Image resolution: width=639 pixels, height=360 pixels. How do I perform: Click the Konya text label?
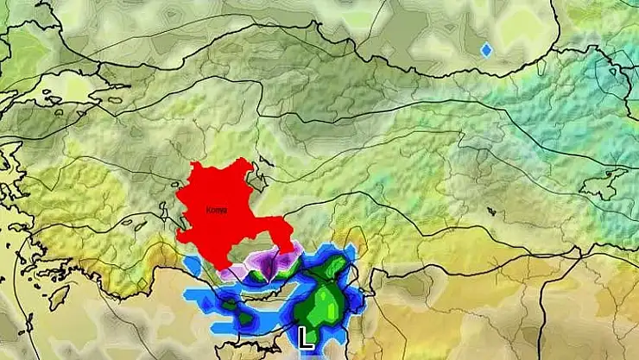[x=216, y=210]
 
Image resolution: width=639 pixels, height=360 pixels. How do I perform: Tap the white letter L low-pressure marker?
[x=305, y=337]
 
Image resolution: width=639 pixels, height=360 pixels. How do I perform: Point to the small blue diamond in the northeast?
[x=486, y=50]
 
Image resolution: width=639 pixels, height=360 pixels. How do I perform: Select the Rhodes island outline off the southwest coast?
[x=58, y=298]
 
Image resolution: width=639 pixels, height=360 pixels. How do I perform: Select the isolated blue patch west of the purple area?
[x=192, y=263]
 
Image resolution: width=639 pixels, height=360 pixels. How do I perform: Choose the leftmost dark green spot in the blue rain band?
[x=229, y=304]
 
